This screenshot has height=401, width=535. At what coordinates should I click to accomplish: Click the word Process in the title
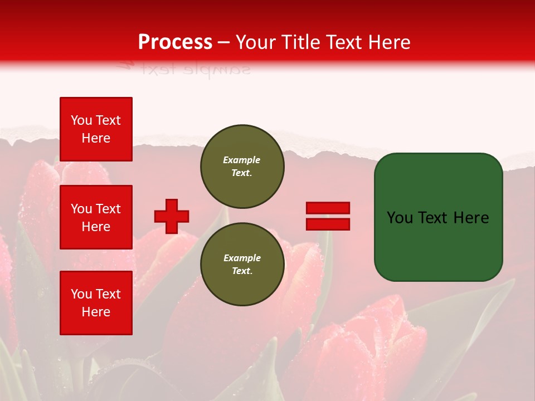(175, 42)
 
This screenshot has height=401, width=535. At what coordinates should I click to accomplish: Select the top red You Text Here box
(96, 129)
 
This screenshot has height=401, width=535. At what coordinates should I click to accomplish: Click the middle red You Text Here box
(96, 217)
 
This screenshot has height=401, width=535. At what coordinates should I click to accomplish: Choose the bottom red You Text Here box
(96, 303)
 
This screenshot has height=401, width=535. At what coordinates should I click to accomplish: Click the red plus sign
(172, 216)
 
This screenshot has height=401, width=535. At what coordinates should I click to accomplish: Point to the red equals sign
(328, 216)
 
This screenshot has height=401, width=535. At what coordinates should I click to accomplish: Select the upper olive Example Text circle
(242, 167)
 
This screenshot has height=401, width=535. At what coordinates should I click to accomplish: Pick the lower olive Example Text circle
(242, 265)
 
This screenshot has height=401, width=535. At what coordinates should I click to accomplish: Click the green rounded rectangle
(438, 217)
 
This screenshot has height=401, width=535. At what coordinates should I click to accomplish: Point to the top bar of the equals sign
(328, 208)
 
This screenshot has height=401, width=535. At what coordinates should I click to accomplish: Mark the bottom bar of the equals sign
(328, 224)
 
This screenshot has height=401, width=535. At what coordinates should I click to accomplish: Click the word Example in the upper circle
(242, 160)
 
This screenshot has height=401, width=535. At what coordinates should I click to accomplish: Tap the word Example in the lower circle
(242, 258)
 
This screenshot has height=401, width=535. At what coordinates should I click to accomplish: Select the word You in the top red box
(81, 120)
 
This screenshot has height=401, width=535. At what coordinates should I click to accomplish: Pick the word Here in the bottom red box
(96, 312)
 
